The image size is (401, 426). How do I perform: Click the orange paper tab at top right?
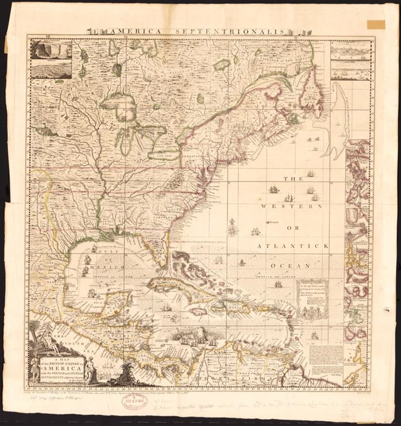(x=376, y=24)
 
